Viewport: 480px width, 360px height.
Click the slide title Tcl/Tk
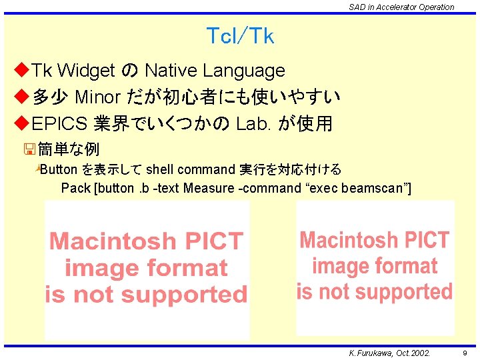coord(240,36)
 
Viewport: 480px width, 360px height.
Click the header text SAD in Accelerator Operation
coord(401,7)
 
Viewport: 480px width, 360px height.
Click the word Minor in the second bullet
coord(97,97)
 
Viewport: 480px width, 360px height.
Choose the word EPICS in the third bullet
coord(60,124)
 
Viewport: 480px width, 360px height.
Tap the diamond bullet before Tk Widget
coord(21,70)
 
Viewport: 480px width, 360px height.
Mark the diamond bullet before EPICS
coord(21,124)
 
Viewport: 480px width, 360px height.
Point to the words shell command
coord(190,169)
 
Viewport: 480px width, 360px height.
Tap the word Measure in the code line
coord(208,188)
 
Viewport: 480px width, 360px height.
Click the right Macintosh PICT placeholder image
coord(375,267)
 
